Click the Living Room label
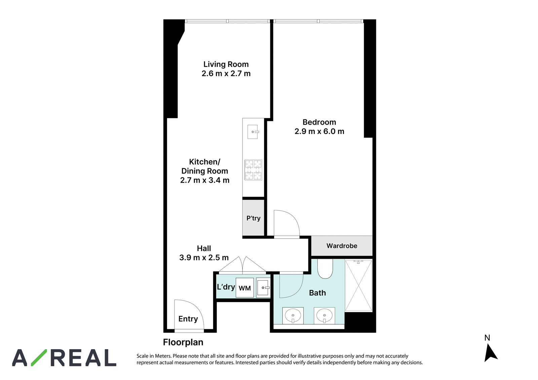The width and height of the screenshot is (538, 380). (x=226, y=64)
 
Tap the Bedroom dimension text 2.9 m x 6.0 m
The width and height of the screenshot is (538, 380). (x=319, y=131)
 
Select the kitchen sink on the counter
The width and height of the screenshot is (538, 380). (x=253, y=132)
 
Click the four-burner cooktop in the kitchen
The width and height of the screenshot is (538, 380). (x=253, y=170)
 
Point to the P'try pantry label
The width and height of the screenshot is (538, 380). (x=254, y=218)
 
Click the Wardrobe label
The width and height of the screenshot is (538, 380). (x=342, y=246)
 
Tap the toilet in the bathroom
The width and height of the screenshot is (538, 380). (x=325, y=269)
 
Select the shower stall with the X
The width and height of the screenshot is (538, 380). (x=358, y=286)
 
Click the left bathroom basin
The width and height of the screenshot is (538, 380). (x=293, y=316)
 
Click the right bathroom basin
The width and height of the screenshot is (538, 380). (x=324, y=316)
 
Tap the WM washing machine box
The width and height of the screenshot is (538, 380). (x=244, y=288)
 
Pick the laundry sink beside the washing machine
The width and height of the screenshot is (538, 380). (x=263, y=288)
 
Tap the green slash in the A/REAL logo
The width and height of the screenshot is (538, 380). (x=39, y=358)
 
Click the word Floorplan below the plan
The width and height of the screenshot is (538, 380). (x=183, y=342)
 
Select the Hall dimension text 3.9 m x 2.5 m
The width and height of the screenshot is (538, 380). (x=204, y=258)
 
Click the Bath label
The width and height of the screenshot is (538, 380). (x=317, y=293)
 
